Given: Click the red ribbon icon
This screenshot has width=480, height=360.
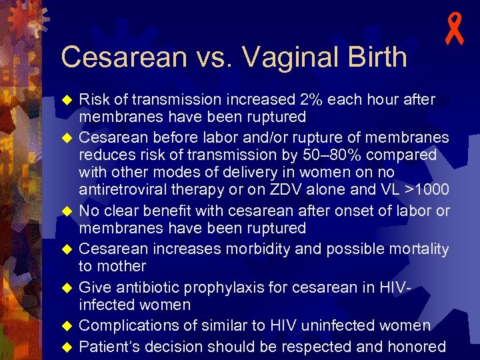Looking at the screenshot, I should (455, 31).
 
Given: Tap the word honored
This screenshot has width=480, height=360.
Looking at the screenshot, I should (415, 347).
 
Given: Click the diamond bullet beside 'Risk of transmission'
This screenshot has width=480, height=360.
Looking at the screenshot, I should (66, 100).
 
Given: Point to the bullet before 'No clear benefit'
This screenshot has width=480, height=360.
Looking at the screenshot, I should (66, 211).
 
